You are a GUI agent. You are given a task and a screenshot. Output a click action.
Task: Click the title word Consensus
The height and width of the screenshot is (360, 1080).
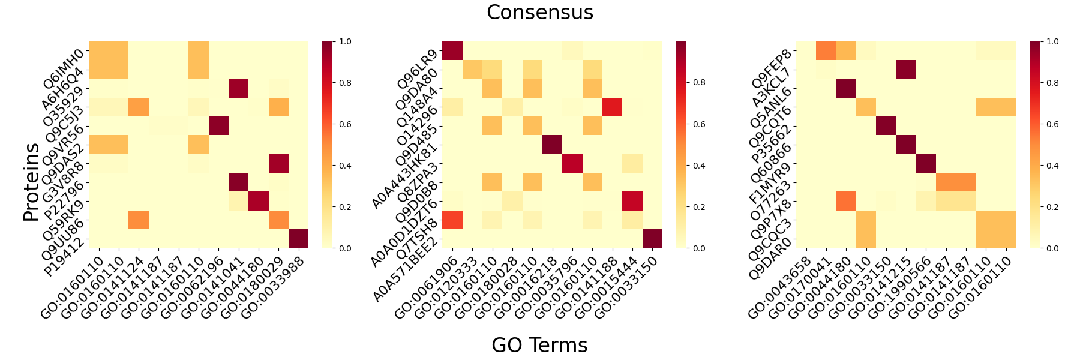coord(539,13)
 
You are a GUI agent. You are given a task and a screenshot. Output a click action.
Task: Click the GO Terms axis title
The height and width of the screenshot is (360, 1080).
coord(539,345)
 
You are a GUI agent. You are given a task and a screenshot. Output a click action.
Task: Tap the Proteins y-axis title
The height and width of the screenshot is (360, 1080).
coord(31,182)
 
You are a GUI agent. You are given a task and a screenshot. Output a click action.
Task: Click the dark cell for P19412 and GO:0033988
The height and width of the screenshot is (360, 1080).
coord(298,238)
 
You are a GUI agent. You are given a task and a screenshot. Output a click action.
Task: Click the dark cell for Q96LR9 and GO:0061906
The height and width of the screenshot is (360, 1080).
coord(452,51)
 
